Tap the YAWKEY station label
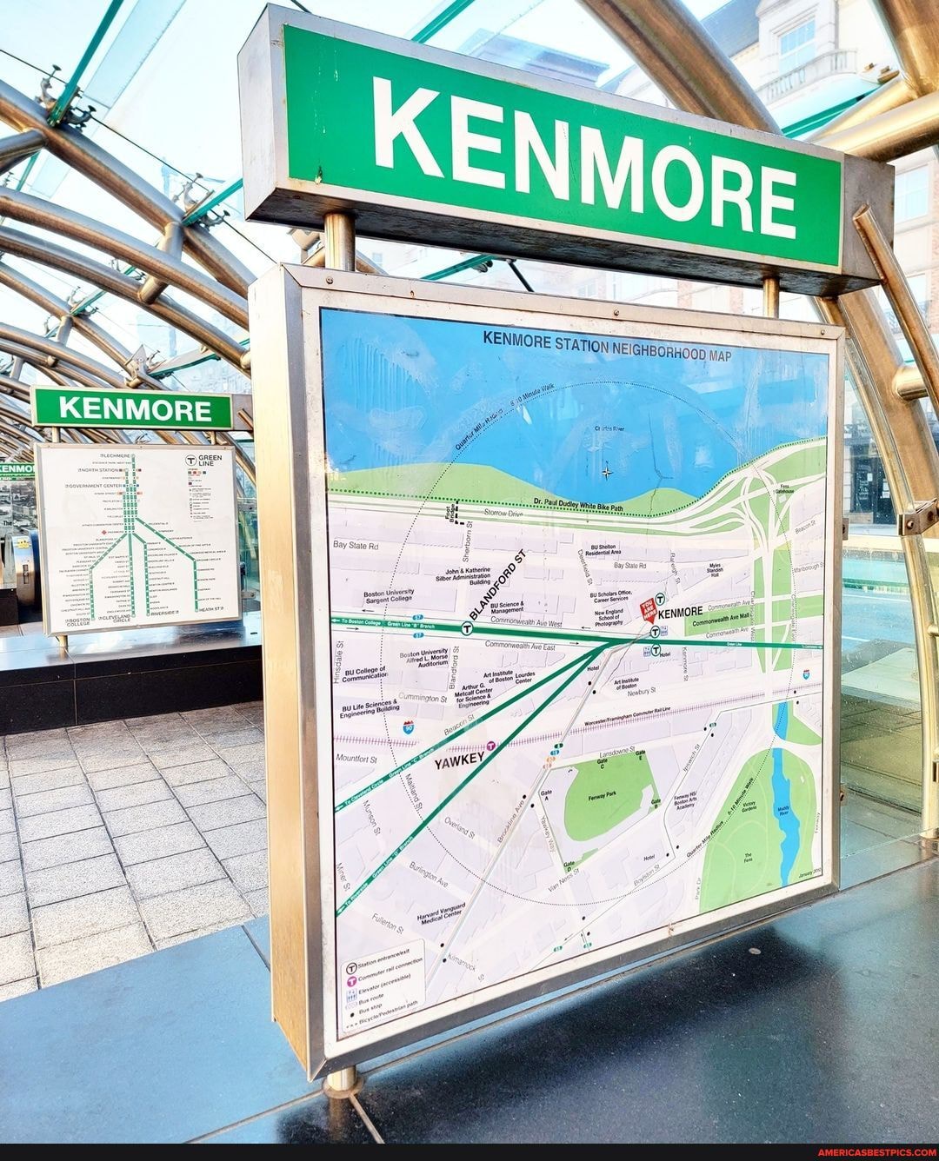click(x=459, y=760)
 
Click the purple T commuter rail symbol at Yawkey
click(x=491, y=746)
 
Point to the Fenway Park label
click(x=602, y=796)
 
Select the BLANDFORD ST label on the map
click(x=497, y=585)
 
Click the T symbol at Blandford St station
click(x=467, y=627)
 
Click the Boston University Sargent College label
click(x=389, y=596)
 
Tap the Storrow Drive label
click(x=503, y=514)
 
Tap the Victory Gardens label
click(x=749, y=806)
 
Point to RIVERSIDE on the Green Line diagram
click(x=163, y=612)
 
